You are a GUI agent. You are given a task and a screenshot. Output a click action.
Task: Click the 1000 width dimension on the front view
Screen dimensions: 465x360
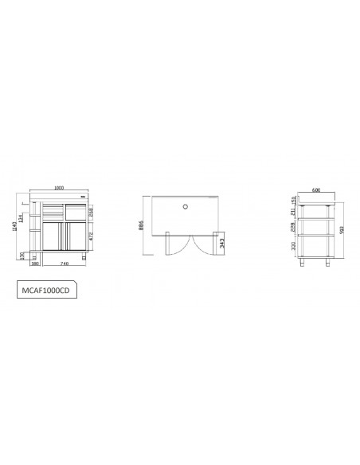tap(59, 188)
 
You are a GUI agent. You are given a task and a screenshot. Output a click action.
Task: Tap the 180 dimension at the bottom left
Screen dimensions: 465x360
tap(36, 264)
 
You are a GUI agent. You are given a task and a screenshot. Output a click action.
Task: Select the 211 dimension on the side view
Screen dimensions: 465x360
tap(296, 210)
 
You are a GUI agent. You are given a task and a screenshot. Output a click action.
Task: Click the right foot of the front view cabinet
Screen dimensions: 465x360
tap(84, 258)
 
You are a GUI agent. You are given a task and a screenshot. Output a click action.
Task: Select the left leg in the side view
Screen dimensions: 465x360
tap(305, 260)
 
